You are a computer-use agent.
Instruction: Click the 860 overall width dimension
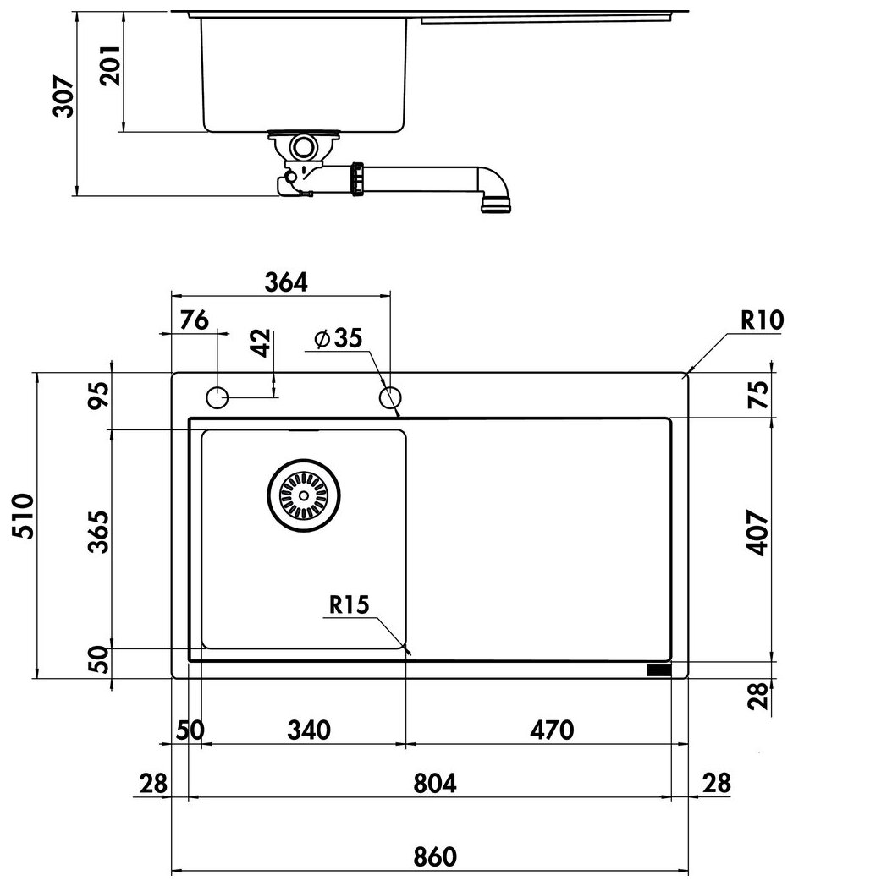tap(436, 856)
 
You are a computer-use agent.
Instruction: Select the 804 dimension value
tap(436, 784)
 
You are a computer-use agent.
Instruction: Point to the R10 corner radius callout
tap(762, 320)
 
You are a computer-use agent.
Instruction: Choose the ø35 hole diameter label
tap(337, 338)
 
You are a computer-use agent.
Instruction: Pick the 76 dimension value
tap(194, 320)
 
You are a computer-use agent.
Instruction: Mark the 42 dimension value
tap(262, 343)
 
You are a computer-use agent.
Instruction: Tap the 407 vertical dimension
tap(757, 532)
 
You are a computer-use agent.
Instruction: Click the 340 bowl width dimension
tap(307, 729)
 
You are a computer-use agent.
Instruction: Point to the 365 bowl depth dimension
tap(99, 532)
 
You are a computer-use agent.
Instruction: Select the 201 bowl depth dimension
tap(111, 64)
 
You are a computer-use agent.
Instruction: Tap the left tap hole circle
tap(217, 396)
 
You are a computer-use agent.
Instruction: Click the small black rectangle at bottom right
tap(659, 670)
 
